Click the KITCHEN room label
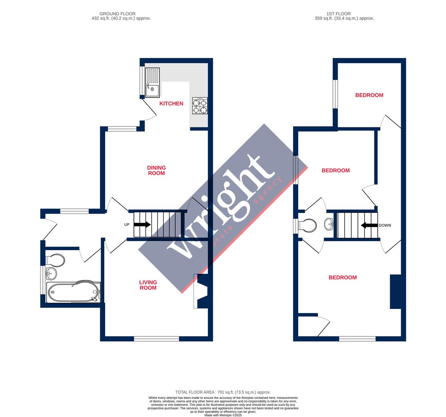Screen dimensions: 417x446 [x=171, y=103]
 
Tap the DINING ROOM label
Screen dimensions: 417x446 [x=156, y=170]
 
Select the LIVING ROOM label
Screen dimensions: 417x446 [x=148, y=285]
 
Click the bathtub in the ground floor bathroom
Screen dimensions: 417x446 [x=73, y=292]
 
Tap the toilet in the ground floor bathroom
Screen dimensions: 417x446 [x=55, y=260]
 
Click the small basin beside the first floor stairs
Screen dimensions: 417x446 [x=329, y=224]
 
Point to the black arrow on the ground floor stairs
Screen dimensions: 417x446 [x=142, y=225]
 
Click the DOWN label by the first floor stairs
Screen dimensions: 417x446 [x=385, y=225]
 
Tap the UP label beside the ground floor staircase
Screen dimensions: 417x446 [x=127, y=225]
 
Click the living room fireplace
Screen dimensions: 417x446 [x=202, y=291]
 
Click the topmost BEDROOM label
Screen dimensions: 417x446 [x=369, y=95]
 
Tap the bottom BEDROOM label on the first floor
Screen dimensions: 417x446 [x=343, y=277]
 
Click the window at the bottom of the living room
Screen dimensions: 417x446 [x=156, y=339]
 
